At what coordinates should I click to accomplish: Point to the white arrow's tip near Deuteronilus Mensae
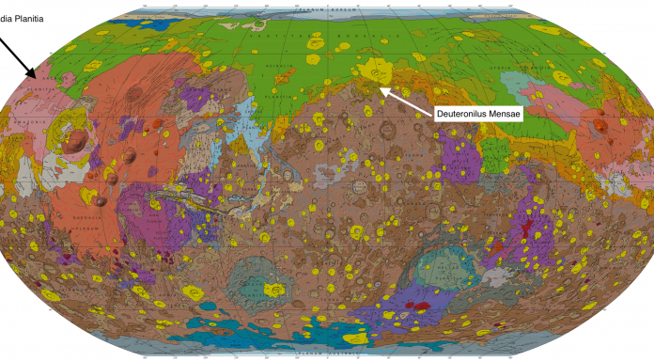click(380, 87)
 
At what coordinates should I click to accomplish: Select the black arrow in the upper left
click(19, 55)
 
